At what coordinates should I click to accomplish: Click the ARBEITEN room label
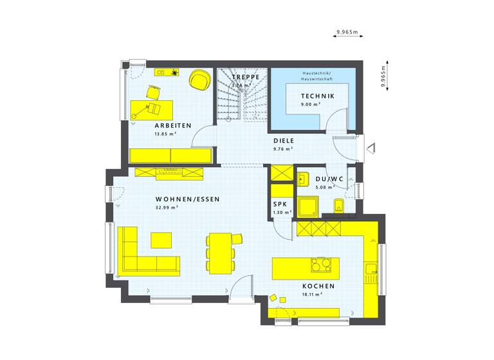coord(172,125)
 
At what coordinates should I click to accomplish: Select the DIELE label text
coord(283,140)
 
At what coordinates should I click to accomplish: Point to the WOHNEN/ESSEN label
coord(188,199)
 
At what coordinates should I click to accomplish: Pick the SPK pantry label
coord(280,204)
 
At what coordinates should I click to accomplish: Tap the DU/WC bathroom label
coord(330,179)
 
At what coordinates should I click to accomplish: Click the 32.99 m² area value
coord(167,208)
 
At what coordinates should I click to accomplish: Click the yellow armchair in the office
coord(199,80)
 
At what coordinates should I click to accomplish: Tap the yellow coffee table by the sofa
coord(161,240)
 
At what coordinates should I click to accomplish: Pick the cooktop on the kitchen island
coord(319,265)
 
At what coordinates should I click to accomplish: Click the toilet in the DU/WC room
coord(339,205)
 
